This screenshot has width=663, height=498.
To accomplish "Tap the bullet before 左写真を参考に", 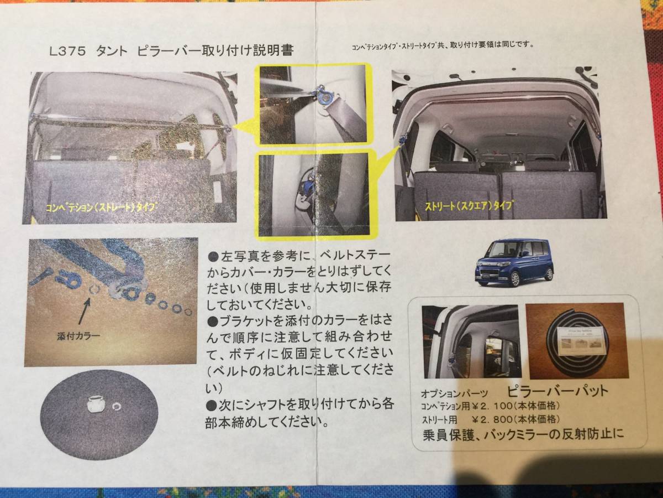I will point(214,257).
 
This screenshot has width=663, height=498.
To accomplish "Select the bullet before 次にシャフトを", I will point(214,404).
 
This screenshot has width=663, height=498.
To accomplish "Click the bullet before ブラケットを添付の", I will point(214,320).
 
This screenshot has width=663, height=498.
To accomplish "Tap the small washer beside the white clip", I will point(117,407).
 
